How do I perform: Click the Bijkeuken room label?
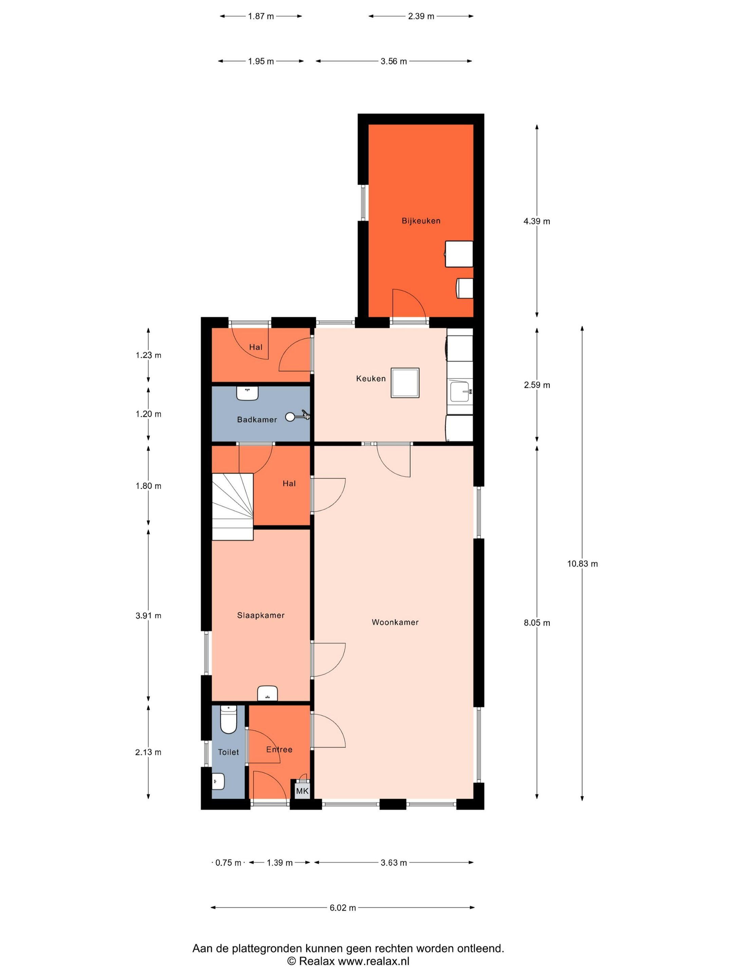point(420,221)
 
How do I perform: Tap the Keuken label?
point(371,379)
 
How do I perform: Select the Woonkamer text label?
point(395,622)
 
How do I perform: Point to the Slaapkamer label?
point(261,615)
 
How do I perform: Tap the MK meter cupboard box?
point(302,791)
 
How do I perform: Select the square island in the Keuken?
point(405,383)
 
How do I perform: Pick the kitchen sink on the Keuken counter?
point(461,392)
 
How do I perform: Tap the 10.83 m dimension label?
point(582,564)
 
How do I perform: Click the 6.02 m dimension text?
point(342,908)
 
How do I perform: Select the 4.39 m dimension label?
point(537,221)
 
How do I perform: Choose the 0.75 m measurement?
point(228,863)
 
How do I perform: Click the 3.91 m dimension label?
point(148,615)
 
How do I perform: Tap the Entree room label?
point(279,749)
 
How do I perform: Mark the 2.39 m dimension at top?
point(421,16)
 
